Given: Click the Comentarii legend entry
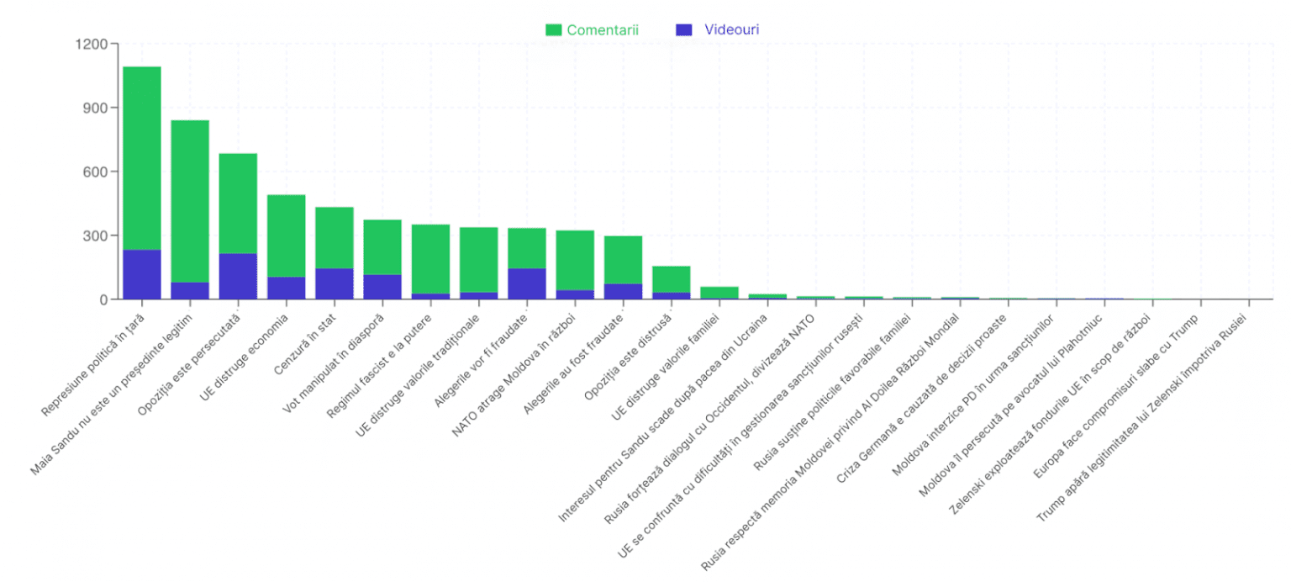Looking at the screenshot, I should [x=593, y=30].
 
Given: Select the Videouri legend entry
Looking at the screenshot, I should [x=719, y=30].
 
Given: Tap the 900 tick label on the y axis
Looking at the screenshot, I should [x=94, y=108].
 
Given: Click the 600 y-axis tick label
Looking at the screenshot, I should [x=94, y=172].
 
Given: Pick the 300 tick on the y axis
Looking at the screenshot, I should [x=94, y=235].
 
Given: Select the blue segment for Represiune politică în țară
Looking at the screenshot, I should [x=142, y=274].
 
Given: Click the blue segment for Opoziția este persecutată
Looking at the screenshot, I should [x=238, y=276].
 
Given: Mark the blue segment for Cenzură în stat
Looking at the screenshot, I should [x=335, y=283].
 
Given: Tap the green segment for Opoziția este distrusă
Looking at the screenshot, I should [x=672, y=279].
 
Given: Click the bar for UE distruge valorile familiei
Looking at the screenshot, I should [x=719, y=293].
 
